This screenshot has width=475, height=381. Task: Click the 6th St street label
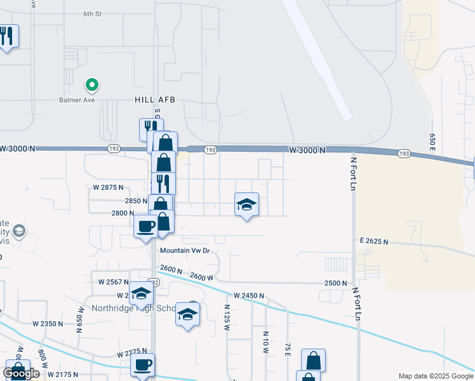[92, 13]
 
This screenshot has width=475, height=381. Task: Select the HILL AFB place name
[154, 100]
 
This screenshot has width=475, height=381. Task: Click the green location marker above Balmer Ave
[92, 84]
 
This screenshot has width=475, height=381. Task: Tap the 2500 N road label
[336, 283]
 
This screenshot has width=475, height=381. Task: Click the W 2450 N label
[248, 296]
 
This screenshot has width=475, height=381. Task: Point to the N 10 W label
[266, 342]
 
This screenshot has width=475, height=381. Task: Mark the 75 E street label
[288, 349]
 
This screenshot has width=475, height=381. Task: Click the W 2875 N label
[108, 187]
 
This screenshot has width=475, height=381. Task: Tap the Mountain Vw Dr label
[184, 251]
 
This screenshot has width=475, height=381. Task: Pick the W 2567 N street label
[114, 281]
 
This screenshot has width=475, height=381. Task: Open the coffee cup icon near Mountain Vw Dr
[146, 225]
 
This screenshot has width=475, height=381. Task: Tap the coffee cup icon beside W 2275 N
[142, 364]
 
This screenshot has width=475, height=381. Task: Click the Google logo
[21, 373]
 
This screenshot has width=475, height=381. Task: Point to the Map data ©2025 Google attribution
[436, 376]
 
